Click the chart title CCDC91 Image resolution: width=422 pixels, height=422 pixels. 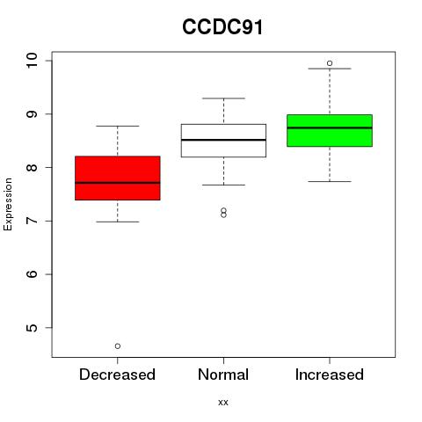coord(222,26)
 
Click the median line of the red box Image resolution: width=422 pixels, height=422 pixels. coord(118,183)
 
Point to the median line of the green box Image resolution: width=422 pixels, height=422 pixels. coord(330,127)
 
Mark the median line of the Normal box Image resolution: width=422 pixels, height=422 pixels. coord(223,140)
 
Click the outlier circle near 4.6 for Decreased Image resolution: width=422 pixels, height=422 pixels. coord(118,346)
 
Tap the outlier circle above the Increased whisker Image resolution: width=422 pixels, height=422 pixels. coord(330,63)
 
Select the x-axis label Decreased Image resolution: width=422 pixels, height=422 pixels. coord(117,375)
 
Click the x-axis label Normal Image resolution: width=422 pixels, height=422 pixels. coord(223,375)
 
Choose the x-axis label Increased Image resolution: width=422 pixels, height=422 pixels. coord(330,375)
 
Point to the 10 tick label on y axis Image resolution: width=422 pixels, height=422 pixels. coord(32,61)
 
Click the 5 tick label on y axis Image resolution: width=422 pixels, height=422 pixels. coord(32,328)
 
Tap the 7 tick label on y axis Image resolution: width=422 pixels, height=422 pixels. coord(32,221)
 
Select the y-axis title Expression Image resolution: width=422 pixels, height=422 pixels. coord(8,204)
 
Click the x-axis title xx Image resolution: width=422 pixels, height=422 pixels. coord(223,403)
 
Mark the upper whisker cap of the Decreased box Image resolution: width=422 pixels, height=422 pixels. coord(118,126)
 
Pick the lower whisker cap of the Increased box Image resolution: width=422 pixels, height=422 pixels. coord(330,181)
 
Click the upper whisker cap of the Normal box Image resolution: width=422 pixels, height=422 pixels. coord(223,98)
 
